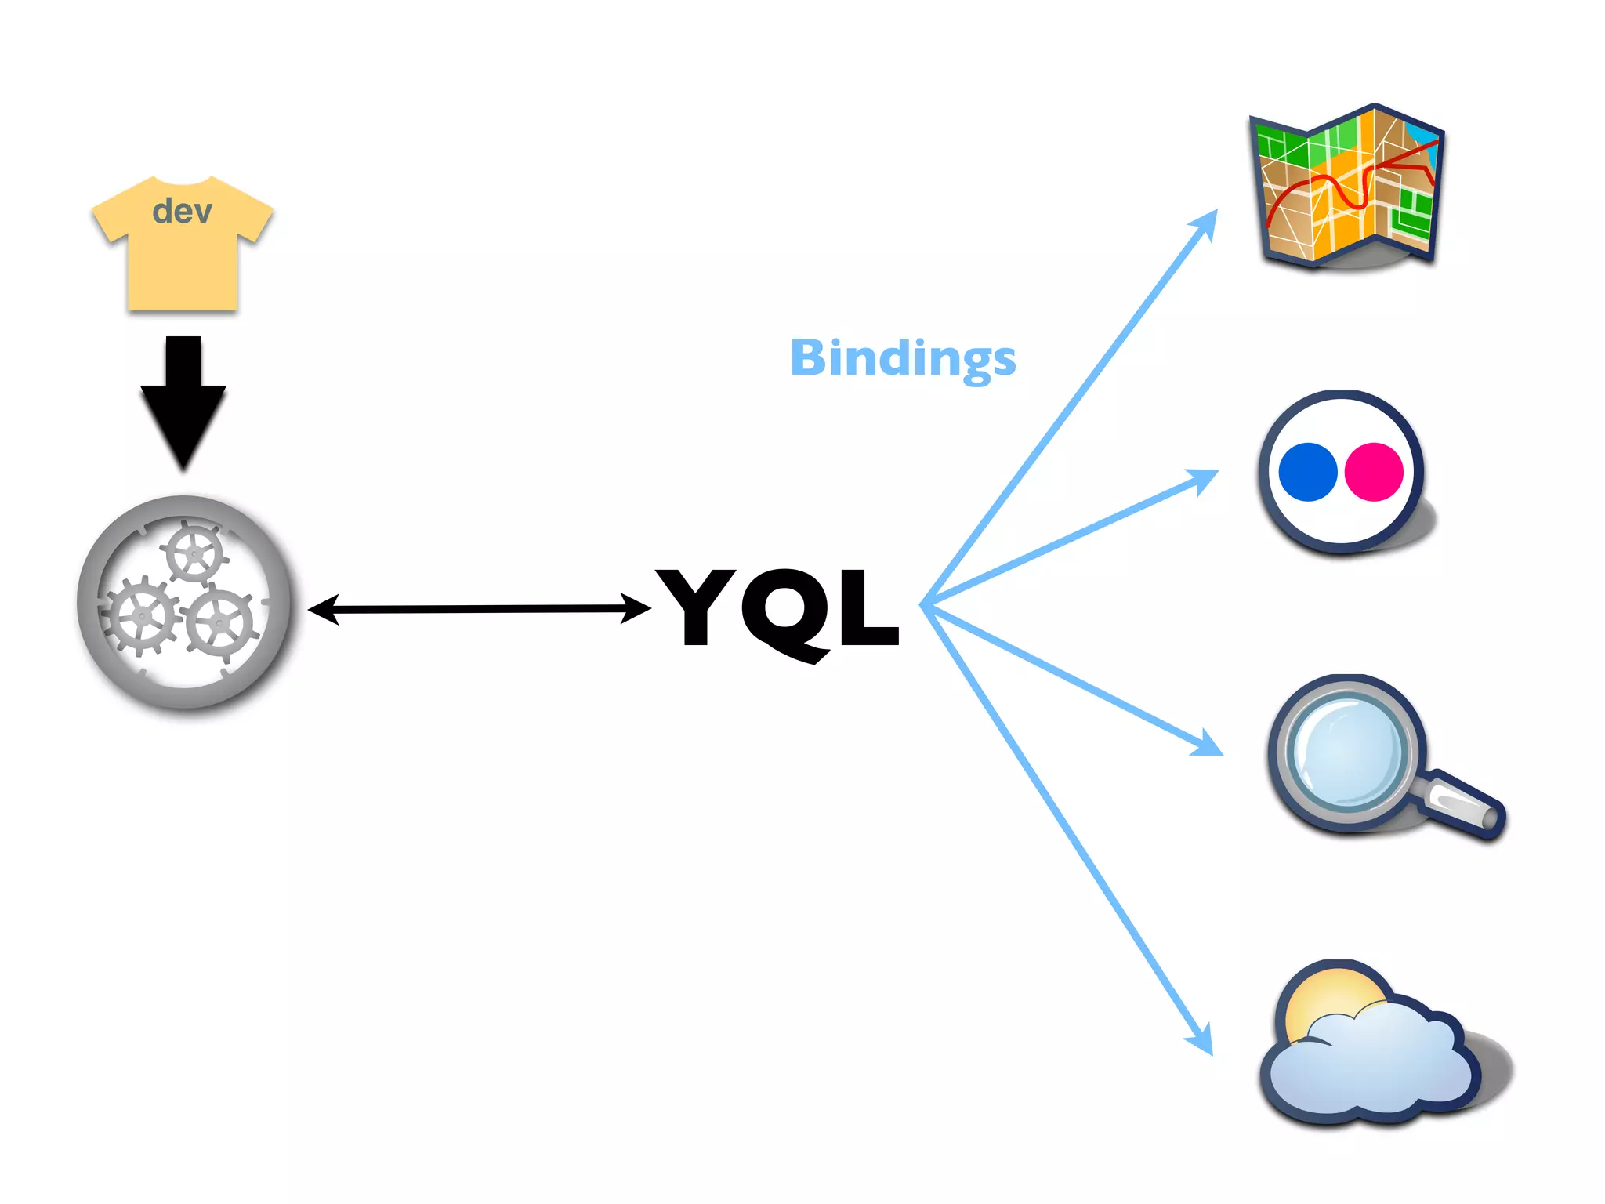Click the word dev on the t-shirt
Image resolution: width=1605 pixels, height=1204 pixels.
[182, 211]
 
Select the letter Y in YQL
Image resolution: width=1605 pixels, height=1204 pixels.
[696, 606]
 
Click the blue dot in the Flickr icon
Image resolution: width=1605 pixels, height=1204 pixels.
[1307, 472]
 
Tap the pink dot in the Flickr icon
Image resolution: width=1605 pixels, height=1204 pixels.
[1374, 472]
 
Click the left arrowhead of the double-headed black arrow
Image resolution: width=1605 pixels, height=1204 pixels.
[321, 609]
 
